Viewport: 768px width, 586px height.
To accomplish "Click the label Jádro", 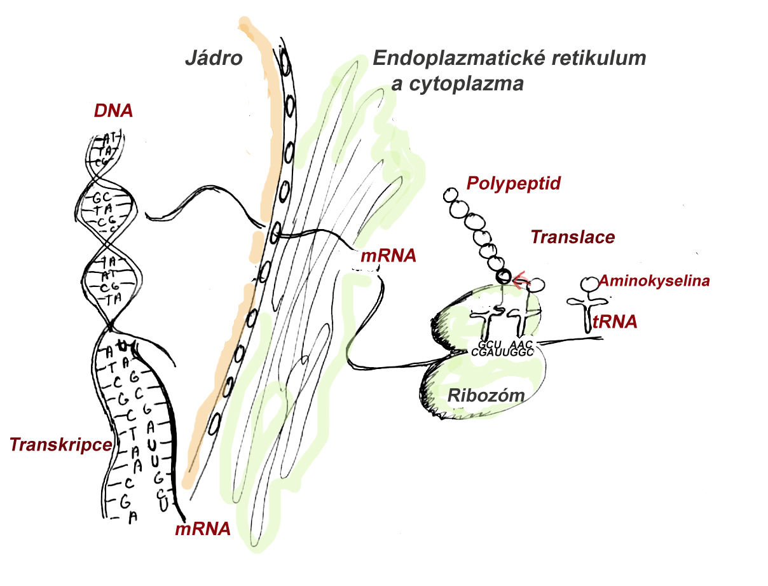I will tap(214, 59).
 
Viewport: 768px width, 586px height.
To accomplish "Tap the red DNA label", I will tap(113, 111).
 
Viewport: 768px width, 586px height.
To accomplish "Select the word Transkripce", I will tap(60, 445).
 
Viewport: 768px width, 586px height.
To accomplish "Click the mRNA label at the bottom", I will tap(202, 529).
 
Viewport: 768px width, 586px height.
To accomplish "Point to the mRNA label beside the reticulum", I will tap(388, 257).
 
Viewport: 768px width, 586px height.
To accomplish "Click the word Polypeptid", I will tap(514, 184).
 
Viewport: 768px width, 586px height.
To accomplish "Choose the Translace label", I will tap(573, 237).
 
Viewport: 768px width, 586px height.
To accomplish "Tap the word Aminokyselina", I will tap(654, 281).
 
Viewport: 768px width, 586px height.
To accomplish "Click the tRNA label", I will tap(614, 323).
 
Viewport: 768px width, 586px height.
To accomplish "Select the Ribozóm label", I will tap(486, 395).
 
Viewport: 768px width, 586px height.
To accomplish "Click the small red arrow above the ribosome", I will tap(521, 277).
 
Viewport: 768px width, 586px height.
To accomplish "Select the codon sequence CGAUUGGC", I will tap(502, 352).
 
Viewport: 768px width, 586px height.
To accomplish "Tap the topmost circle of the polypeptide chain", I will tap(451, 193).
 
